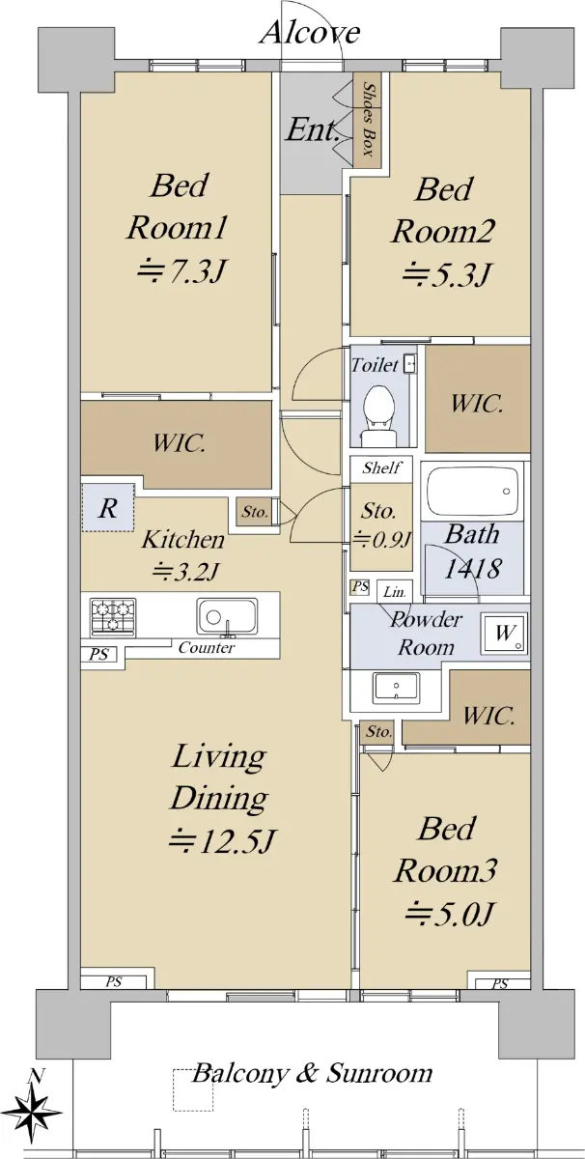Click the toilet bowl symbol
(x=379, y=414)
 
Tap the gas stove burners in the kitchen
(x=113, y=617)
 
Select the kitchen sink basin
(x=227, y=616)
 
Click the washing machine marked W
(x=504, y=633)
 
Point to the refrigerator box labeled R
(x=107, y=508)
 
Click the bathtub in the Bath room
(x=471, y=492)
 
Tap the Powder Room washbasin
(x=397, y=687)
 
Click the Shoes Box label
(x=368, y=119)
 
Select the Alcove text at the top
(x=310, y=33)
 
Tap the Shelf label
(x=381, y=468)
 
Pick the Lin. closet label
(x=394, y=592)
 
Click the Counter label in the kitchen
(x=207, y=647)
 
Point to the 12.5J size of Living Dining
(x=221, y=840)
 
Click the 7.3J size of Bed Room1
(x=180, y=270)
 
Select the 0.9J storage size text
(x=381, y=540)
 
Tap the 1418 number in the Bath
(x=472, y=568)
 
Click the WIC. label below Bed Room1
(x=179, y=443)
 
